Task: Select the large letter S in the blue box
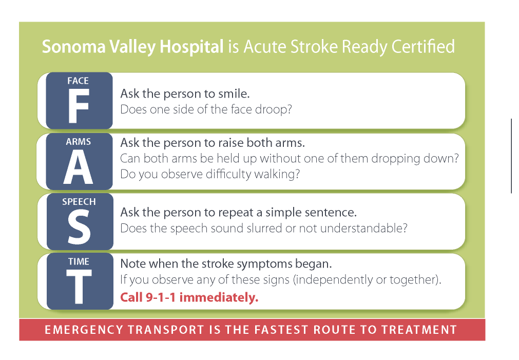[x=79, y=228]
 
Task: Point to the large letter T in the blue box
[x=79, y=287]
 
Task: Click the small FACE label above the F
[x=78, y=81]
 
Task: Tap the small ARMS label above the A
[x=79, y=142]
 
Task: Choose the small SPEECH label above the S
[x=79, y=202]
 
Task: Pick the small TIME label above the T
[x=79, y=261]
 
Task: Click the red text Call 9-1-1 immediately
[x=189, y=297]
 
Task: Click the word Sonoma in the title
[x=74, y=46]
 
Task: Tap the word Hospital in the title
[x=191, y=47]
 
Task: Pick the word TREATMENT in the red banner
[x=419, y=330]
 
